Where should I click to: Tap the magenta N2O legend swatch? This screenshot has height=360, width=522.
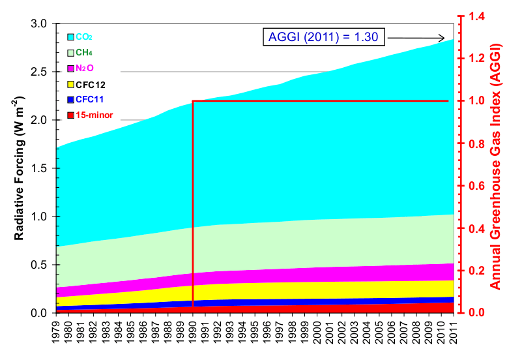pos(71,68)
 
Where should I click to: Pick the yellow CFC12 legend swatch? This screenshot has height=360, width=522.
pos(71,84)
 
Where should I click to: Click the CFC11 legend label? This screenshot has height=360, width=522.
pos(91,100)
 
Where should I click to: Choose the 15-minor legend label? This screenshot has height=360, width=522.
pos(94,115)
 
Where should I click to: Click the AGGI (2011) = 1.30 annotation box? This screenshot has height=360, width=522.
pos(324,37)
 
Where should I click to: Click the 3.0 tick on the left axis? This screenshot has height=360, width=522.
pos(40,23)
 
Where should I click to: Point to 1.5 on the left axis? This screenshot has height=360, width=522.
pos(40,168)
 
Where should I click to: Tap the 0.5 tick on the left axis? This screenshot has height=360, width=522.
pos(40,265)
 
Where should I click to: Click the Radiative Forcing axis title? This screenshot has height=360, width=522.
pos(20,168)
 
